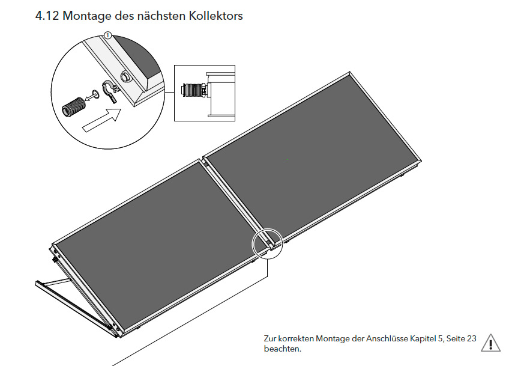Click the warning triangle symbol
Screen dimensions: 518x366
490,343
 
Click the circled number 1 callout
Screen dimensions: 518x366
107,35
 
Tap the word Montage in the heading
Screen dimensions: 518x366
87,16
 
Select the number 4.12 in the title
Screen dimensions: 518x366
47,16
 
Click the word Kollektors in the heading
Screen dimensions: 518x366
215,16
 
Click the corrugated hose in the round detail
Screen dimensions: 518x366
74,107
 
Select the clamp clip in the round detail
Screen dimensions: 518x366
110,91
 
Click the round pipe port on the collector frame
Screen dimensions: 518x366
125,78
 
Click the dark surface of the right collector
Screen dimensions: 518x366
310,159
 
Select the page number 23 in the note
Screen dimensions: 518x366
472,338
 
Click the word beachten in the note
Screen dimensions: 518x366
282,349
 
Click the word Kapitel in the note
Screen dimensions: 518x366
423,339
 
